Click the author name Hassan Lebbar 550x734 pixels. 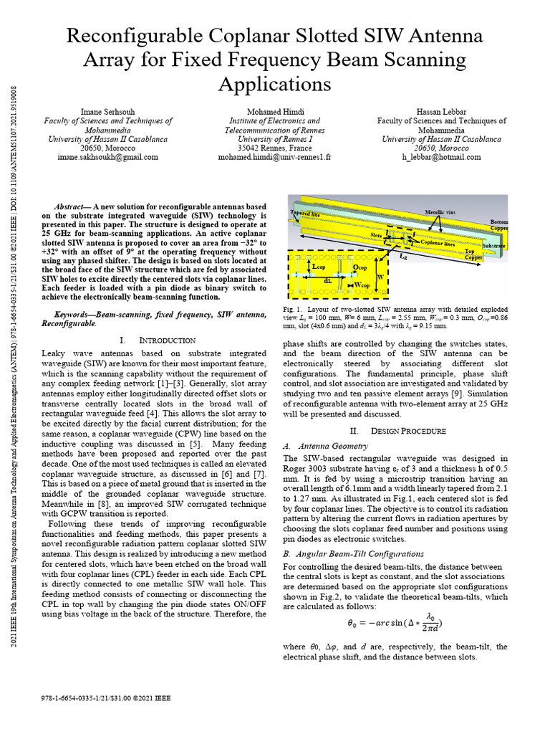point(441,112)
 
